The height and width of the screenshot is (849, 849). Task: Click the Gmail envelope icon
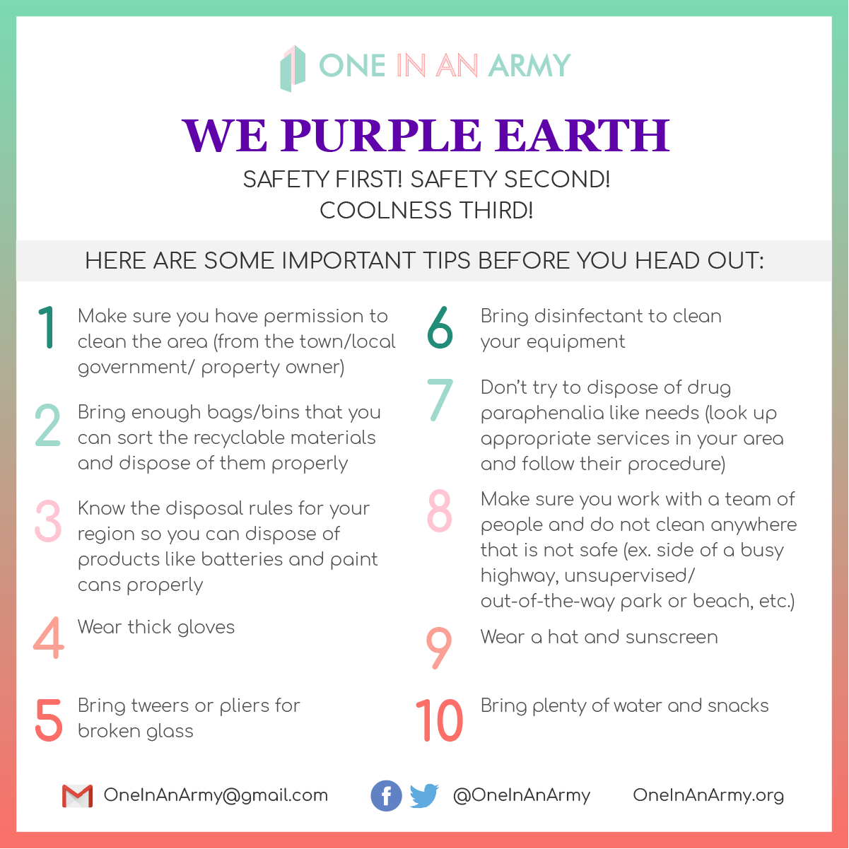[77, 796]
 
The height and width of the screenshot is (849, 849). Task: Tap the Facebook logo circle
[386, 796]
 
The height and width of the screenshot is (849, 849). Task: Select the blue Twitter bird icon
[424, 796]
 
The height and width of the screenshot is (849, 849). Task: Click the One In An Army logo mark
[293, 68]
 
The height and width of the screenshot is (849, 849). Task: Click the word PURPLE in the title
[380, 135]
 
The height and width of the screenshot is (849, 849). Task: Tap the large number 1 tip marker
[47, 327]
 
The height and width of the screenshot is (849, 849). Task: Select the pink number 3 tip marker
[48, 521]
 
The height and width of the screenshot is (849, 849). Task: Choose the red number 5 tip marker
[49, 720]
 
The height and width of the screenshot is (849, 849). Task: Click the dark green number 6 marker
[440, 327]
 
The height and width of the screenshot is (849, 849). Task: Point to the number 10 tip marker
[439, 721]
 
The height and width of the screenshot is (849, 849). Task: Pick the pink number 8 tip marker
[439, 510]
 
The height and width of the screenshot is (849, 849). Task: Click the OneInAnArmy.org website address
[708, 795]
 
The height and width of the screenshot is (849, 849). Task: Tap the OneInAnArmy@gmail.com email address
[216, 795]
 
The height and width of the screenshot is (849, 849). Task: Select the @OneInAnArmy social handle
[521, 795]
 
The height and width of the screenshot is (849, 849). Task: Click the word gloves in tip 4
[206, 628]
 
